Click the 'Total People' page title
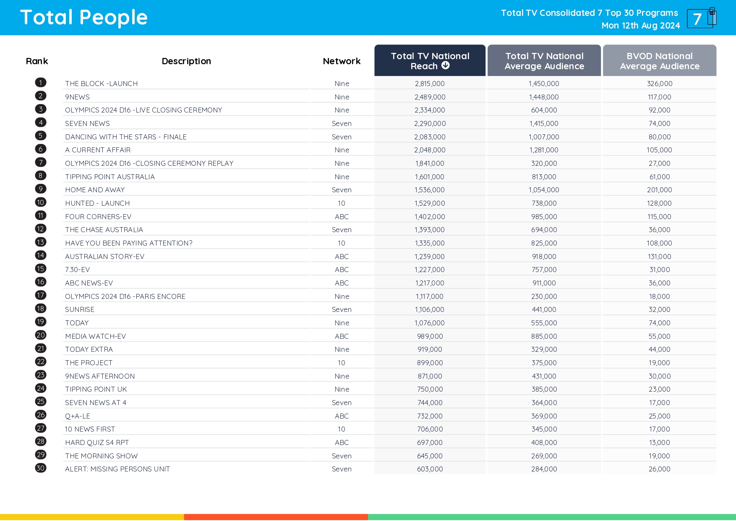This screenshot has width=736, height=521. pos(84,18)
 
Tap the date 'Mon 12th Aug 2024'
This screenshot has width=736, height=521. pos(640,26)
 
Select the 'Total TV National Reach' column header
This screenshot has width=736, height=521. pos(430,60)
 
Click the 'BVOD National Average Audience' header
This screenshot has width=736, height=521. pos(659,61)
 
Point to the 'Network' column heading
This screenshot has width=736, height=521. pos(342,61)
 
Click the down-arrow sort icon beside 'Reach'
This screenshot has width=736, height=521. pos(446,65)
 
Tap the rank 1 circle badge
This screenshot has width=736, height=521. pos(41,83)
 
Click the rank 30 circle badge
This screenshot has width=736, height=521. pos(41,468)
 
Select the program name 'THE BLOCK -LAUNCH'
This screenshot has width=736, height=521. pos(101,84)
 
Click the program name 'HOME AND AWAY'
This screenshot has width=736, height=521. pos(95,190)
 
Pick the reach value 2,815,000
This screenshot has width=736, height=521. pos(430,84)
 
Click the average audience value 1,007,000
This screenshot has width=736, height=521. pos(544,137)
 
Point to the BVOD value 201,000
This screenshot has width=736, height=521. pos(659,190)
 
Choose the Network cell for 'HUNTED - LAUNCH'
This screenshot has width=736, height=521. pos(342,203)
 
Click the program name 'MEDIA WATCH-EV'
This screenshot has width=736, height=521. pos(95,336)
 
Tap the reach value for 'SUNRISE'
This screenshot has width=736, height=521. pos(430,309)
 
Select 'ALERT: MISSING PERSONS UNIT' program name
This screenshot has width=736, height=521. pos(117,469)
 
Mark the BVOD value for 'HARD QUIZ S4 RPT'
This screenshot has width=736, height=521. pos(659,442)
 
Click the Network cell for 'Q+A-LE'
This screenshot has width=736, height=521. pos(342,416)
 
